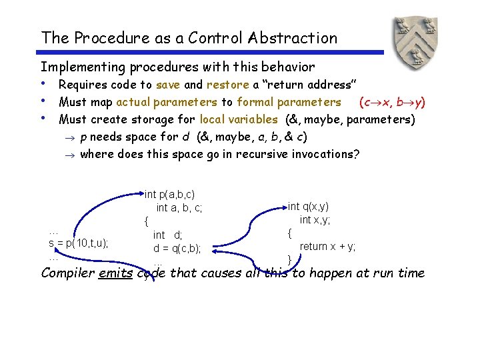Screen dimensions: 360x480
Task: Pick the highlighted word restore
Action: (228, 85)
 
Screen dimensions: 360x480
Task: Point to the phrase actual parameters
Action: (167, 102)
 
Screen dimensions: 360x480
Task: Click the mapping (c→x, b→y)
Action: (392, 102)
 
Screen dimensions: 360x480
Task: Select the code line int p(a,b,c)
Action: (170, 194)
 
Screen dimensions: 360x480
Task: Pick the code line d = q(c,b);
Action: (177, 249)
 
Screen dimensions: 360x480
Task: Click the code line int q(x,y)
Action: (308, 207)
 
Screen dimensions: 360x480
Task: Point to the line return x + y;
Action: (327, 246)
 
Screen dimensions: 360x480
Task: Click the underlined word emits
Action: (115, 273)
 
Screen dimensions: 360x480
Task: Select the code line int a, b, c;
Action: (179, 208)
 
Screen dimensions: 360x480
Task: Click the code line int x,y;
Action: (315, 220)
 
